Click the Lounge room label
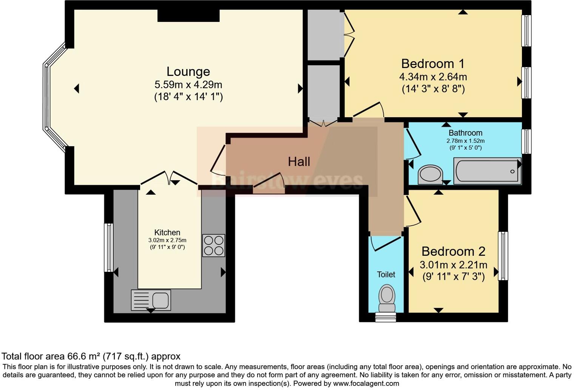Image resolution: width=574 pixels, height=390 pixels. [188, 71]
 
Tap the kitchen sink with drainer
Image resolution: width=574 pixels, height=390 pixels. [151, 300]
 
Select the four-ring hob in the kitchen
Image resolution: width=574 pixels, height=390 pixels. [213, 246]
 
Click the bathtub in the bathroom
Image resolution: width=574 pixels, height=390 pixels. [487, 171]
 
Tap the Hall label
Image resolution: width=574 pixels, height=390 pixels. [299, 162]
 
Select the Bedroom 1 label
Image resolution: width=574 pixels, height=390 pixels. [433, 63]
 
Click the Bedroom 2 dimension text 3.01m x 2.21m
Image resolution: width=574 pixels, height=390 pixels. [453, 265]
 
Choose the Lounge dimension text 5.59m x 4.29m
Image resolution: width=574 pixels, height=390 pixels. [188, 84]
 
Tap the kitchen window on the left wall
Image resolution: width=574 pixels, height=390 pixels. [108, 248]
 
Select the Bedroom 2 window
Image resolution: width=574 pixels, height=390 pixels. [503, 256]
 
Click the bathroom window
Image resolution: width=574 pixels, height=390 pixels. [526, 141]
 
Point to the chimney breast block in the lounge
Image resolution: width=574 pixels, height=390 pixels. [188, 15]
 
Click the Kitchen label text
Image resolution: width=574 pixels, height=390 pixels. [167, 232]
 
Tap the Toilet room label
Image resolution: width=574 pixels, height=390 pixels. [386, 274]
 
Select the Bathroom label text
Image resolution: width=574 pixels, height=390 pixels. [465, 133]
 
